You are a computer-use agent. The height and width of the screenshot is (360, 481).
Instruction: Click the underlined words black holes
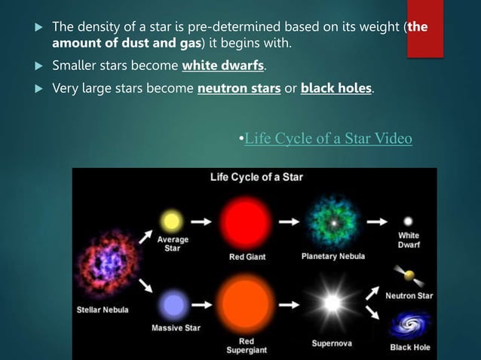[x=335, y=88]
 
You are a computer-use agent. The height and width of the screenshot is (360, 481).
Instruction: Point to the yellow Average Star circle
[x=172, y=221]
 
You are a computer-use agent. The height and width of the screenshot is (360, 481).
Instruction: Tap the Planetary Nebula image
[x=333, y=221]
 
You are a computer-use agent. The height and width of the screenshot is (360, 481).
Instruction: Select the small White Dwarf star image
[x=408, y=221]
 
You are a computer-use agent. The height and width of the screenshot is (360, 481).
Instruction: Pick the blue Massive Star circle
[x=174, y=305]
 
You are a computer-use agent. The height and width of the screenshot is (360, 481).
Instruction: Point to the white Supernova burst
[x=332, y=303]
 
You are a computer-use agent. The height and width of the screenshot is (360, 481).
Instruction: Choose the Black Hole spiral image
[x=410, y=325]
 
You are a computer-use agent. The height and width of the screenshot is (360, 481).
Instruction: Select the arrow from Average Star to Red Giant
[x=201, y=221]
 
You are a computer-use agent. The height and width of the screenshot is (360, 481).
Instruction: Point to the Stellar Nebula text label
[x=103, y=310]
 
